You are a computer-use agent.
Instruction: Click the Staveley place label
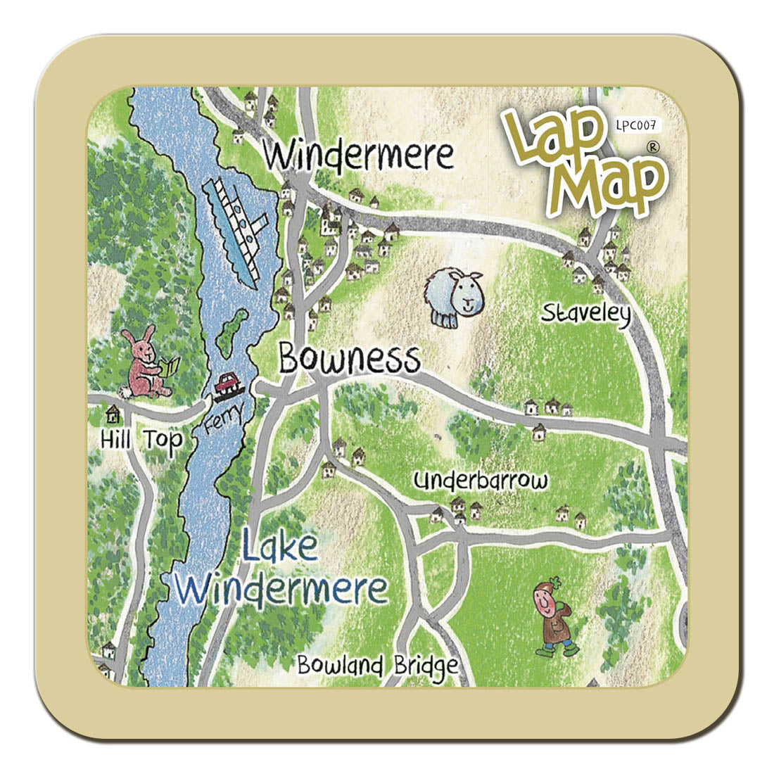click(x=585, y=313)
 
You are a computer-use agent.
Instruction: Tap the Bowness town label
click(x=349, y=359)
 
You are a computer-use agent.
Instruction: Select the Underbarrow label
click(x=481, y=482)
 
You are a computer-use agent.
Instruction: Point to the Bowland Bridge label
click(x=377, y=666)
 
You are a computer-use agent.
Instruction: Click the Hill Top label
click(x=141, y=440)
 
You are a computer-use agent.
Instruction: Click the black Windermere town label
click(x=359, y=155)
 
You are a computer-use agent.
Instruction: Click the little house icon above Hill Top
click(x=110, y=412)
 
